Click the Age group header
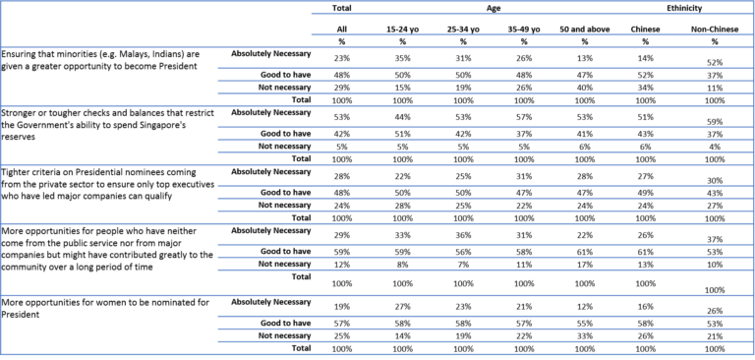493,8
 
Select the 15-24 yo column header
402,30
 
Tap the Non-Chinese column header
715,30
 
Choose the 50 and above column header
585,30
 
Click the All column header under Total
342,30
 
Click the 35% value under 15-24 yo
402,58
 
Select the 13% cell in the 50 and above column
585,58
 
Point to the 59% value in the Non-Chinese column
716,122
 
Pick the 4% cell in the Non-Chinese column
716,147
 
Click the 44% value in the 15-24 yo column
402,118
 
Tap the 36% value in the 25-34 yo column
463,235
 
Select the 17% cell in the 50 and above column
585,265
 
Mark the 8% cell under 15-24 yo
402,265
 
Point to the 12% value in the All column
342,265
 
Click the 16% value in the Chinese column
645,307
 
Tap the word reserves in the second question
17,136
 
